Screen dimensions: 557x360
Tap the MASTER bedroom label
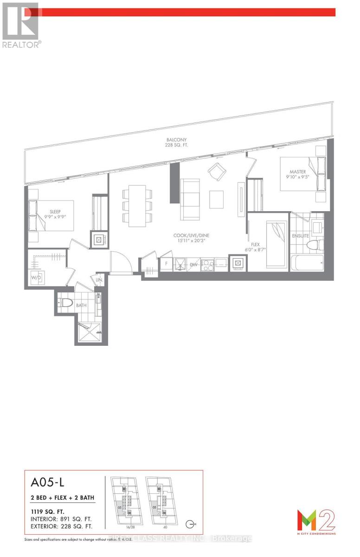tap(296, 172)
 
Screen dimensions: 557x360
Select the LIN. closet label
tap(99, 280)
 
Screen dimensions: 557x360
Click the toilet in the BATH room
tap(66, 304)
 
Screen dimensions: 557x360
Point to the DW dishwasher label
tap(193, 264)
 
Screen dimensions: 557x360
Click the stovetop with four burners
tap(207, 264)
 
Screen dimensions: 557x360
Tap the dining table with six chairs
tap(137, 206)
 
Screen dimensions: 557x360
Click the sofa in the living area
tap(190, 200)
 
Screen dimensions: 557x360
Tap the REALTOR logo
tap(21, 26)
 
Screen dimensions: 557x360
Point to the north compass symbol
tap(190, 525)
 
